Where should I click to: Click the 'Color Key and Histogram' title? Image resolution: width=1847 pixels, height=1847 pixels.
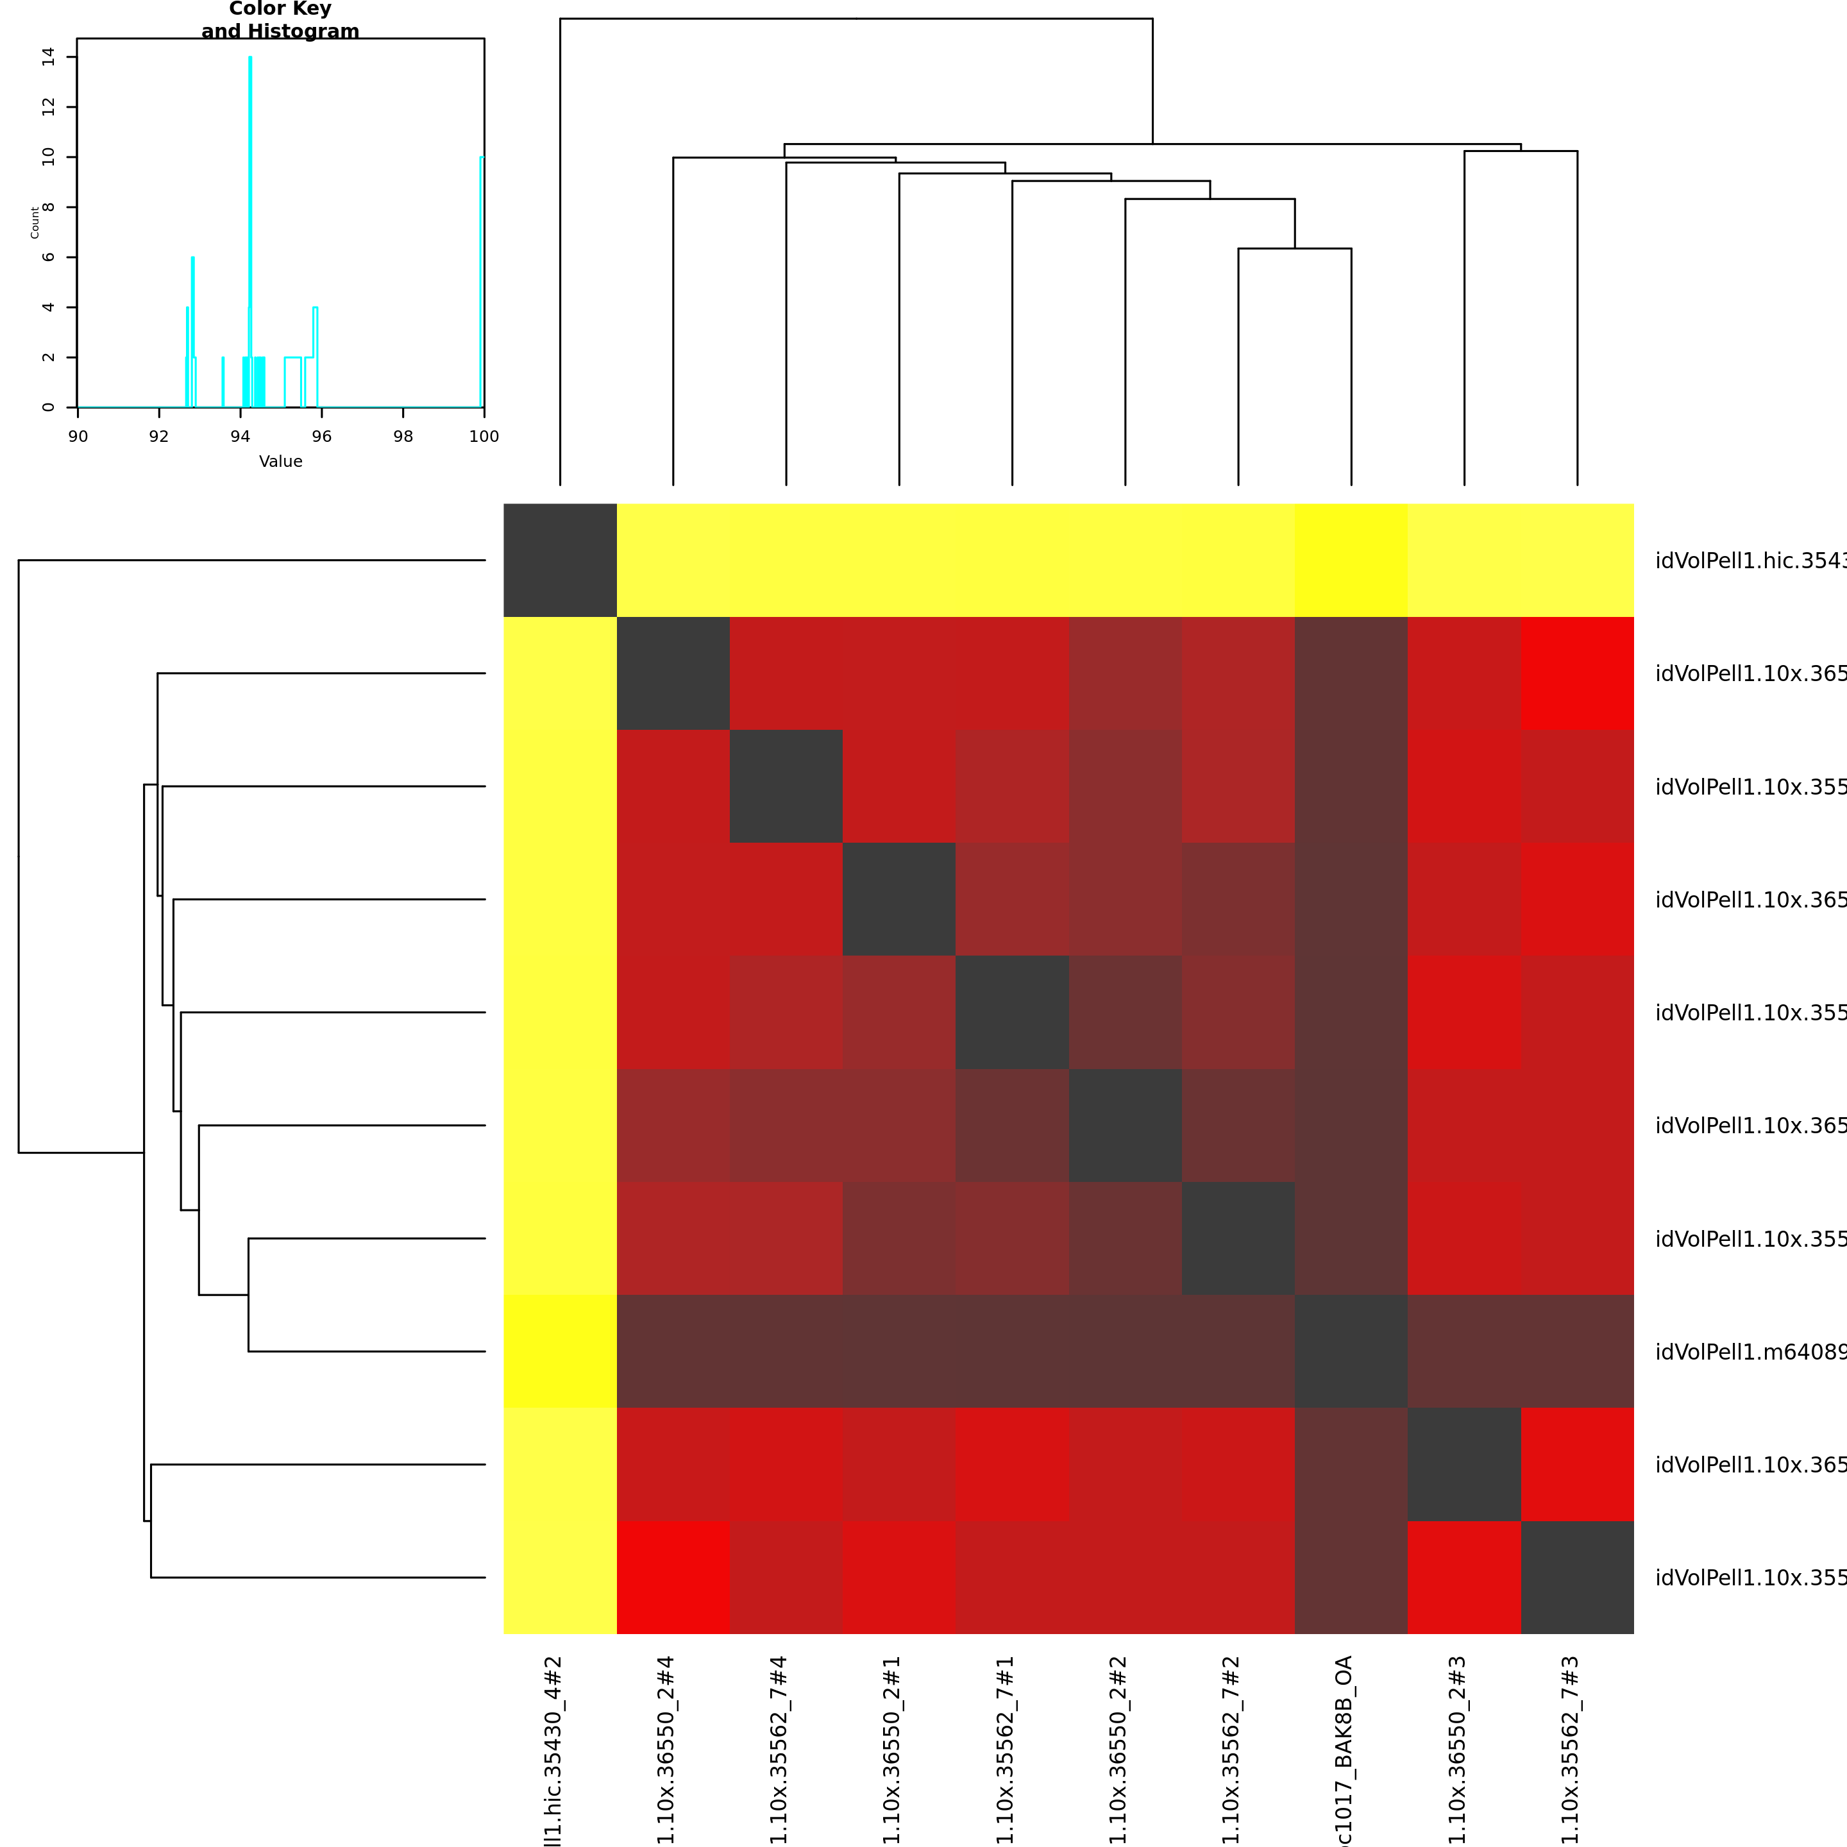point(280,20)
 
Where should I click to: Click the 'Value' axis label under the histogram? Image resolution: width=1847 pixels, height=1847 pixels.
point(280,461)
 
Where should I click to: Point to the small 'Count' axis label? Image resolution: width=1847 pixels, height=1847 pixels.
point(35,223)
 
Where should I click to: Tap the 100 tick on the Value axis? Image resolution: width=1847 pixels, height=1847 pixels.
point(484,436)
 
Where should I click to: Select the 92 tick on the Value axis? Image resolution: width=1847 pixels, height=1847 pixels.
point(158,436)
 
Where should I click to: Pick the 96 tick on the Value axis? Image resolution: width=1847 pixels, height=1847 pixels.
point(321,436)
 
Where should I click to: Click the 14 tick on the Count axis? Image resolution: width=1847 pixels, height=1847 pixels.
point(49,57)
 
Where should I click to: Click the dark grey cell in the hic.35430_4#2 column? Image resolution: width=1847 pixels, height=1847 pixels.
point(561,561)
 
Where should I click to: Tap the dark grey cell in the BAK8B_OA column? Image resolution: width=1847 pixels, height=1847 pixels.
point(1351,1351)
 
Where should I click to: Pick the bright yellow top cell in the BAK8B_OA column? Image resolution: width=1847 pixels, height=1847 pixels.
point(1351,561)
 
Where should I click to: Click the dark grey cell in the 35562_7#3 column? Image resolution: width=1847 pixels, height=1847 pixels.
point(1578,1578)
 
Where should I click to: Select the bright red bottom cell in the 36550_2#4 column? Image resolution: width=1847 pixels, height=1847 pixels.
point(673,1578)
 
